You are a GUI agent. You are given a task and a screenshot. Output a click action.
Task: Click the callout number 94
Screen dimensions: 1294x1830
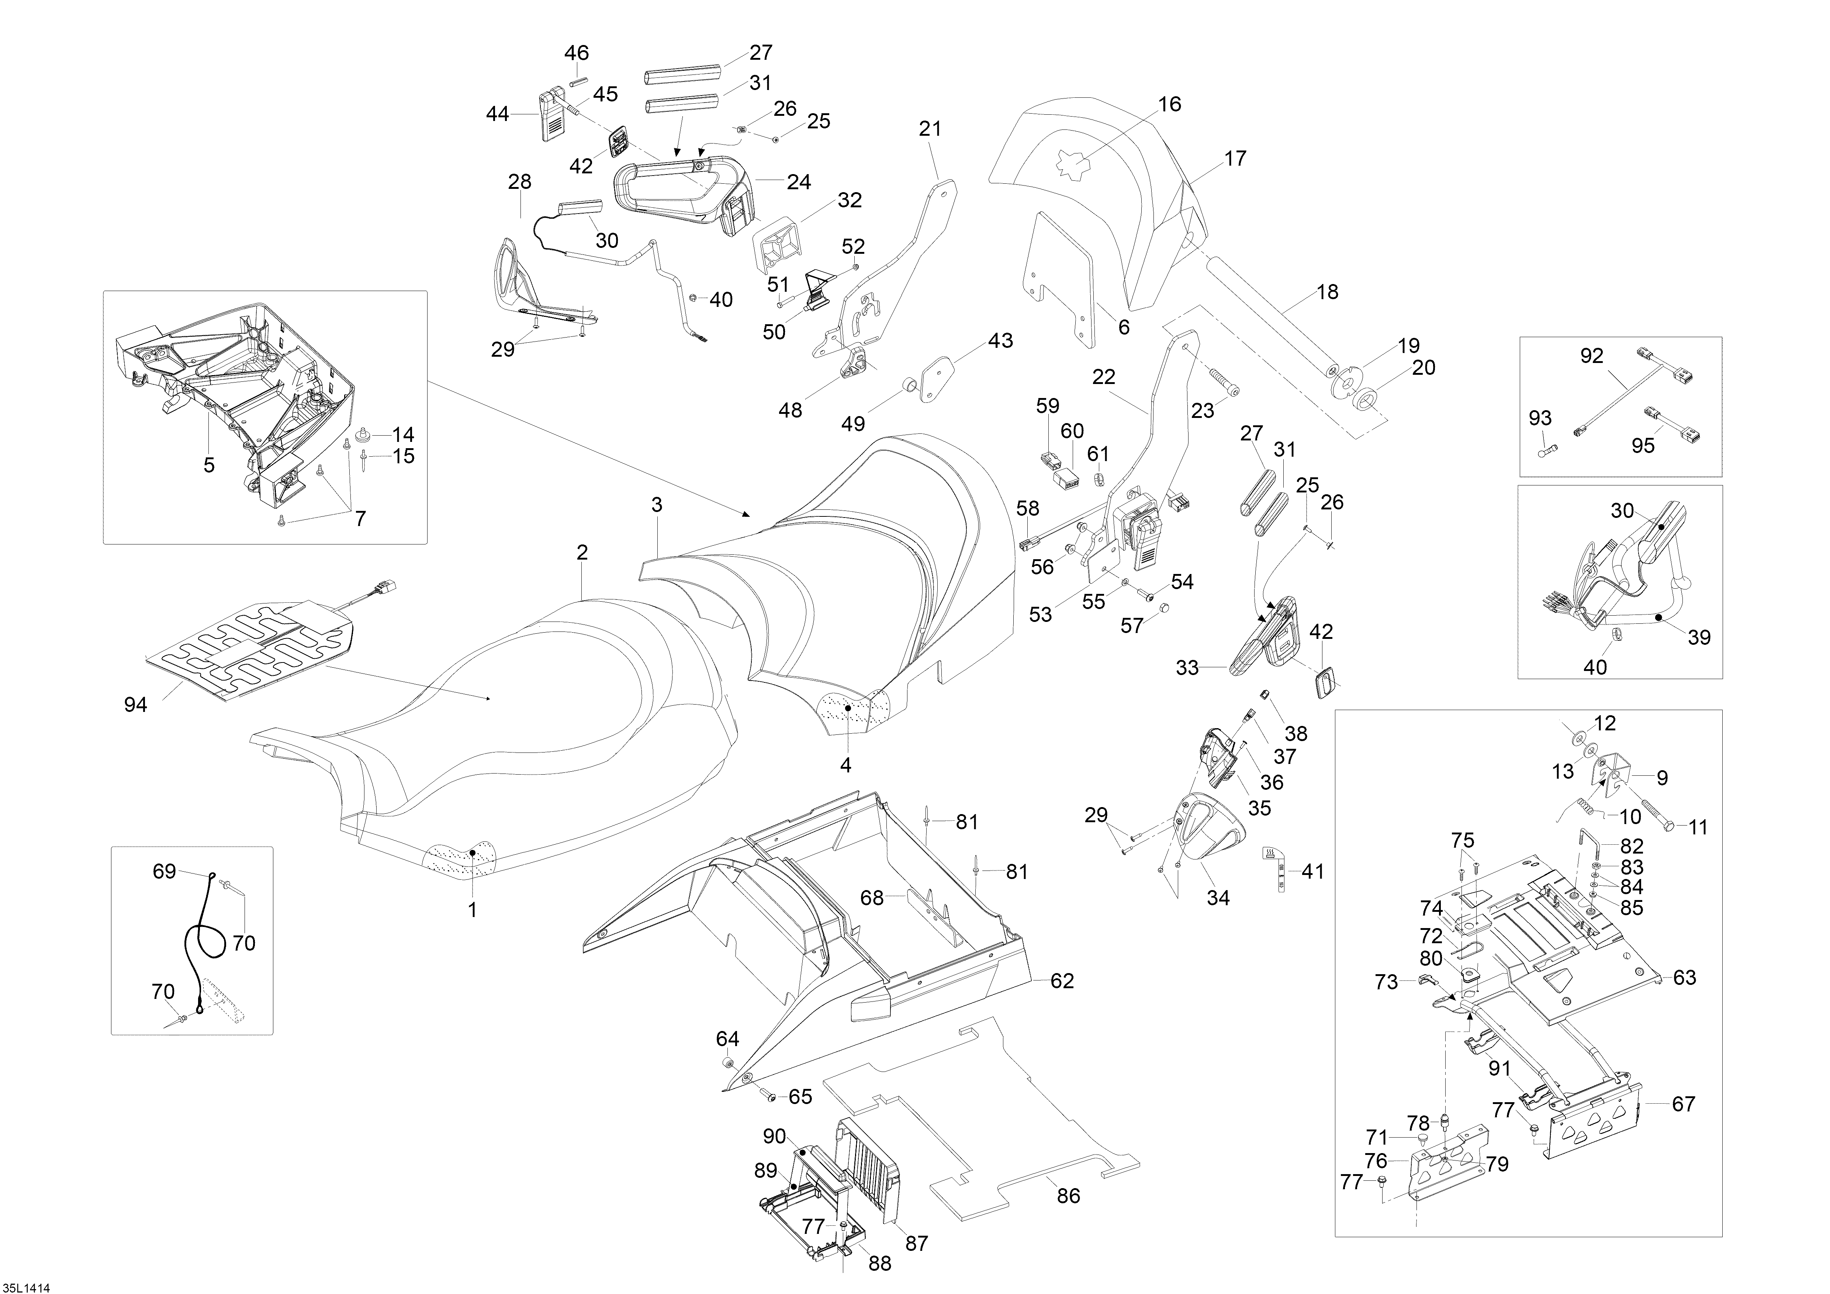135,705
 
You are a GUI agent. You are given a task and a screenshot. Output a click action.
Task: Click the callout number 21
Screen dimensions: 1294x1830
930,128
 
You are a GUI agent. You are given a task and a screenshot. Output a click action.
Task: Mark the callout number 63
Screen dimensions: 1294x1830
1684,978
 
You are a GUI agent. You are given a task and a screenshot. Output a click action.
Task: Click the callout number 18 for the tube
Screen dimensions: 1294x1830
1327,293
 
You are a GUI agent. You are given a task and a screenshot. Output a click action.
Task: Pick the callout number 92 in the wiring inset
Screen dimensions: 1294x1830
1592,356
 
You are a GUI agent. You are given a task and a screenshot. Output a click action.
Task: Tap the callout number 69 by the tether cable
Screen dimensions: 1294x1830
164,872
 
